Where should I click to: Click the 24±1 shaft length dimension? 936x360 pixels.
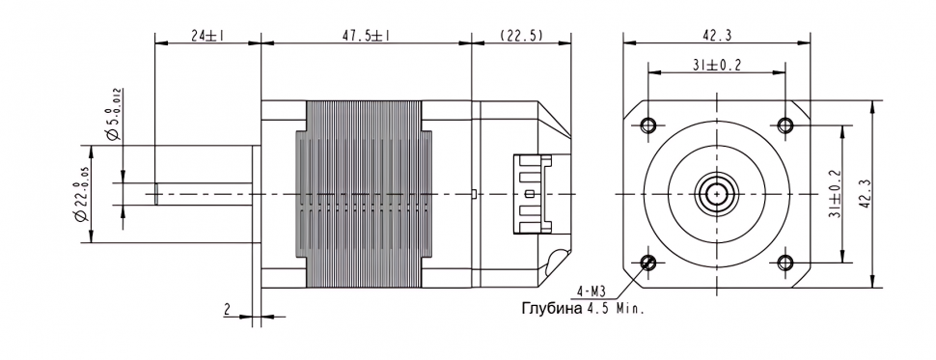[x=207, y=36]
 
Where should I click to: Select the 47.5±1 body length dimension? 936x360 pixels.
[x=366, y=36]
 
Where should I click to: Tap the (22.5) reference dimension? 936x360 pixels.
[x=522, y=36]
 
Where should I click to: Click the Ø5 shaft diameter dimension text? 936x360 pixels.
[x=115, y=115]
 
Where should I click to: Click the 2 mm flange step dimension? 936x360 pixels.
[x=227, y=309]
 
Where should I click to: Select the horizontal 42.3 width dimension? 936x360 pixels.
[x=717, y=36]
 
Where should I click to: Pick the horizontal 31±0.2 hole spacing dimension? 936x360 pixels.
[x=716, y=66]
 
